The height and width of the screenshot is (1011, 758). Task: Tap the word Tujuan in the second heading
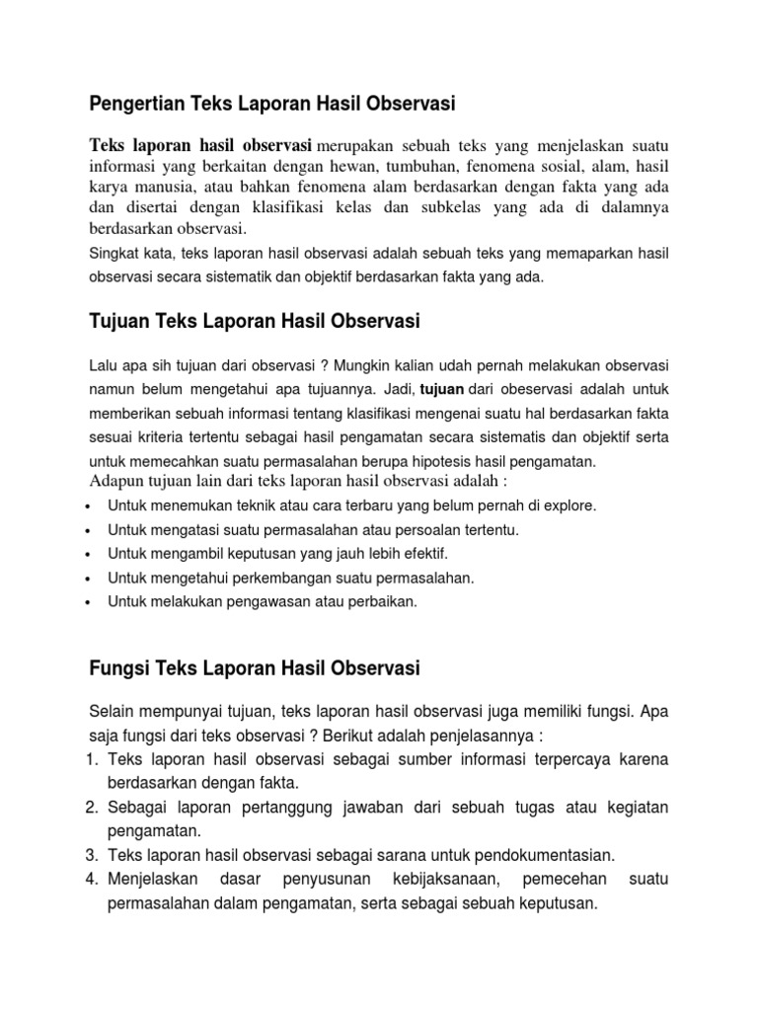coord(116,321)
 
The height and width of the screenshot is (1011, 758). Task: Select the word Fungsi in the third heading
coord(117,668)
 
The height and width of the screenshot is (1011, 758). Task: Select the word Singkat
coord(114,254)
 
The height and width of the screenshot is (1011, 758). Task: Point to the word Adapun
coord(116,481)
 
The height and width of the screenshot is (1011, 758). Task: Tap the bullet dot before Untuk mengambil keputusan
coord(90,555)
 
